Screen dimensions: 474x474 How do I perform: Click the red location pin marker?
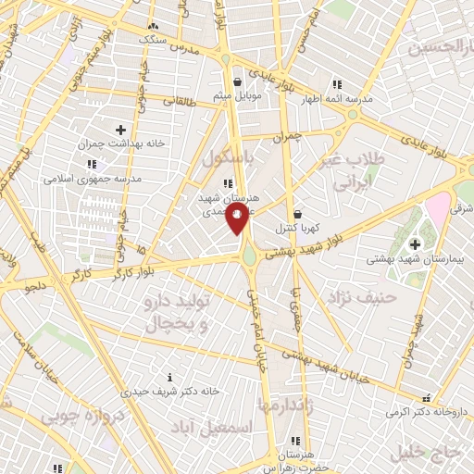[238, 220]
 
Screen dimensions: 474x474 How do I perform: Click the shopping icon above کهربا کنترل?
[296, 212]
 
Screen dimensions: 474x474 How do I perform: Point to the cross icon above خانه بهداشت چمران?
[119, 129]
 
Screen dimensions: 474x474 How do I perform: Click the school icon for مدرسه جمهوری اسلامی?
[91, 164]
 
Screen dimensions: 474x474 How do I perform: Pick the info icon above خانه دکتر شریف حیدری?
[168, 377]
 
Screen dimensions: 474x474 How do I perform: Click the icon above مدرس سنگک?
[154, 26]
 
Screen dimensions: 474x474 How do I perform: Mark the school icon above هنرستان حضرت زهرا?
[295, 441]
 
